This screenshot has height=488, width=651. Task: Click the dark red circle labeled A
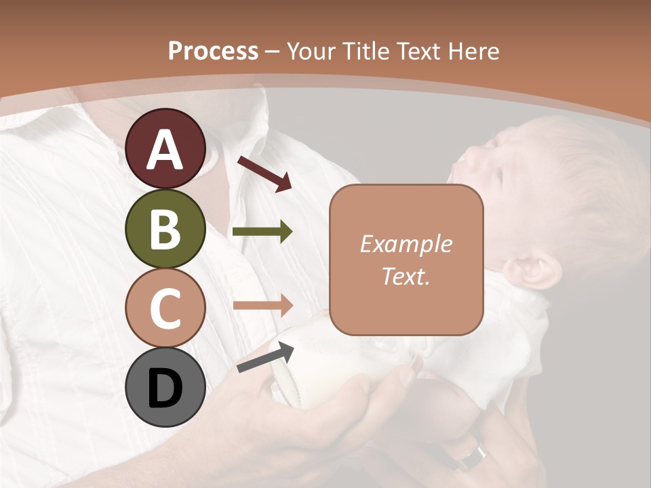coord(165,149)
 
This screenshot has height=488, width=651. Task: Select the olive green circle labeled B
coord(165,229)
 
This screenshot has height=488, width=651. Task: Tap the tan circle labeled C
coord(165,308)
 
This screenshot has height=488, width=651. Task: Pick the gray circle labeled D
coord(165,388)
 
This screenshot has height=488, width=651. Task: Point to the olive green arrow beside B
coord(262,232)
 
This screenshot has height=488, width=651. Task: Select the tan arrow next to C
coord(262,306)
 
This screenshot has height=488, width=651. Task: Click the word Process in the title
coord(213,51)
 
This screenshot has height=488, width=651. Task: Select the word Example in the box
coord(406,244)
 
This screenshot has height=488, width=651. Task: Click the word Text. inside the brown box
coord(406,276)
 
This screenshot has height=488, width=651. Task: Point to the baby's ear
coord(533,269)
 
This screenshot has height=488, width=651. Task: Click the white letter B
coord(165,229)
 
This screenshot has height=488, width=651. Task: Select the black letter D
coord(165,388)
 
